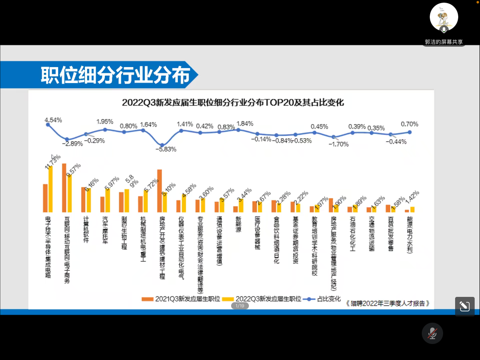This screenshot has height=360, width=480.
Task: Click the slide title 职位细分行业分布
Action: (115, 75)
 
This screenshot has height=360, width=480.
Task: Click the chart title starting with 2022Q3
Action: (233, 103)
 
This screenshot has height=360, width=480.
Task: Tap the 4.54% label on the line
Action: (53, 120)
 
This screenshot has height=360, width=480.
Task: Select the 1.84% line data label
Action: (245, 124)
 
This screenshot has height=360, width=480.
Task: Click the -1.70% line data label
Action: (339, 144)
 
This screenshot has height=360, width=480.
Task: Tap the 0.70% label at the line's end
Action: (409, 124)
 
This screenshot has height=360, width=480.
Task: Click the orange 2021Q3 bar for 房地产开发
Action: (160, 191)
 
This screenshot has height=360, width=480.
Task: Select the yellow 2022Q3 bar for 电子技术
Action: (51, 189)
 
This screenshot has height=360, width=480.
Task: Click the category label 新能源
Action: (239, 225)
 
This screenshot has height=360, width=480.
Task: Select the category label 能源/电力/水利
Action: (410, 235)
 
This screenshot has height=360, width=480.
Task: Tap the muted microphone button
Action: (432, 333)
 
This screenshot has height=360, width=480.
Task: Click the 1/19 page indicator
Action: (240, 306)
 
